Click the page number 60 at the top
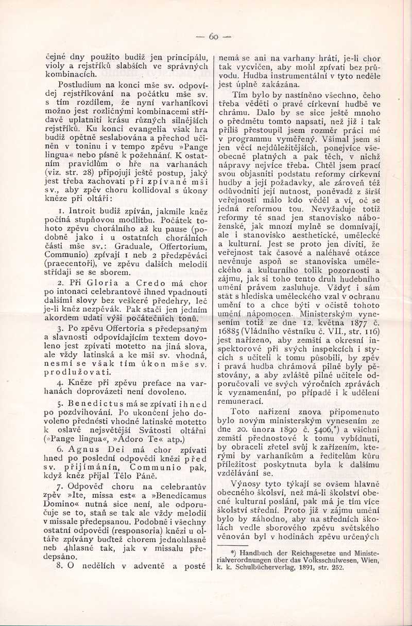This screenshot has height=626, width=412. coord(214,37)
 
